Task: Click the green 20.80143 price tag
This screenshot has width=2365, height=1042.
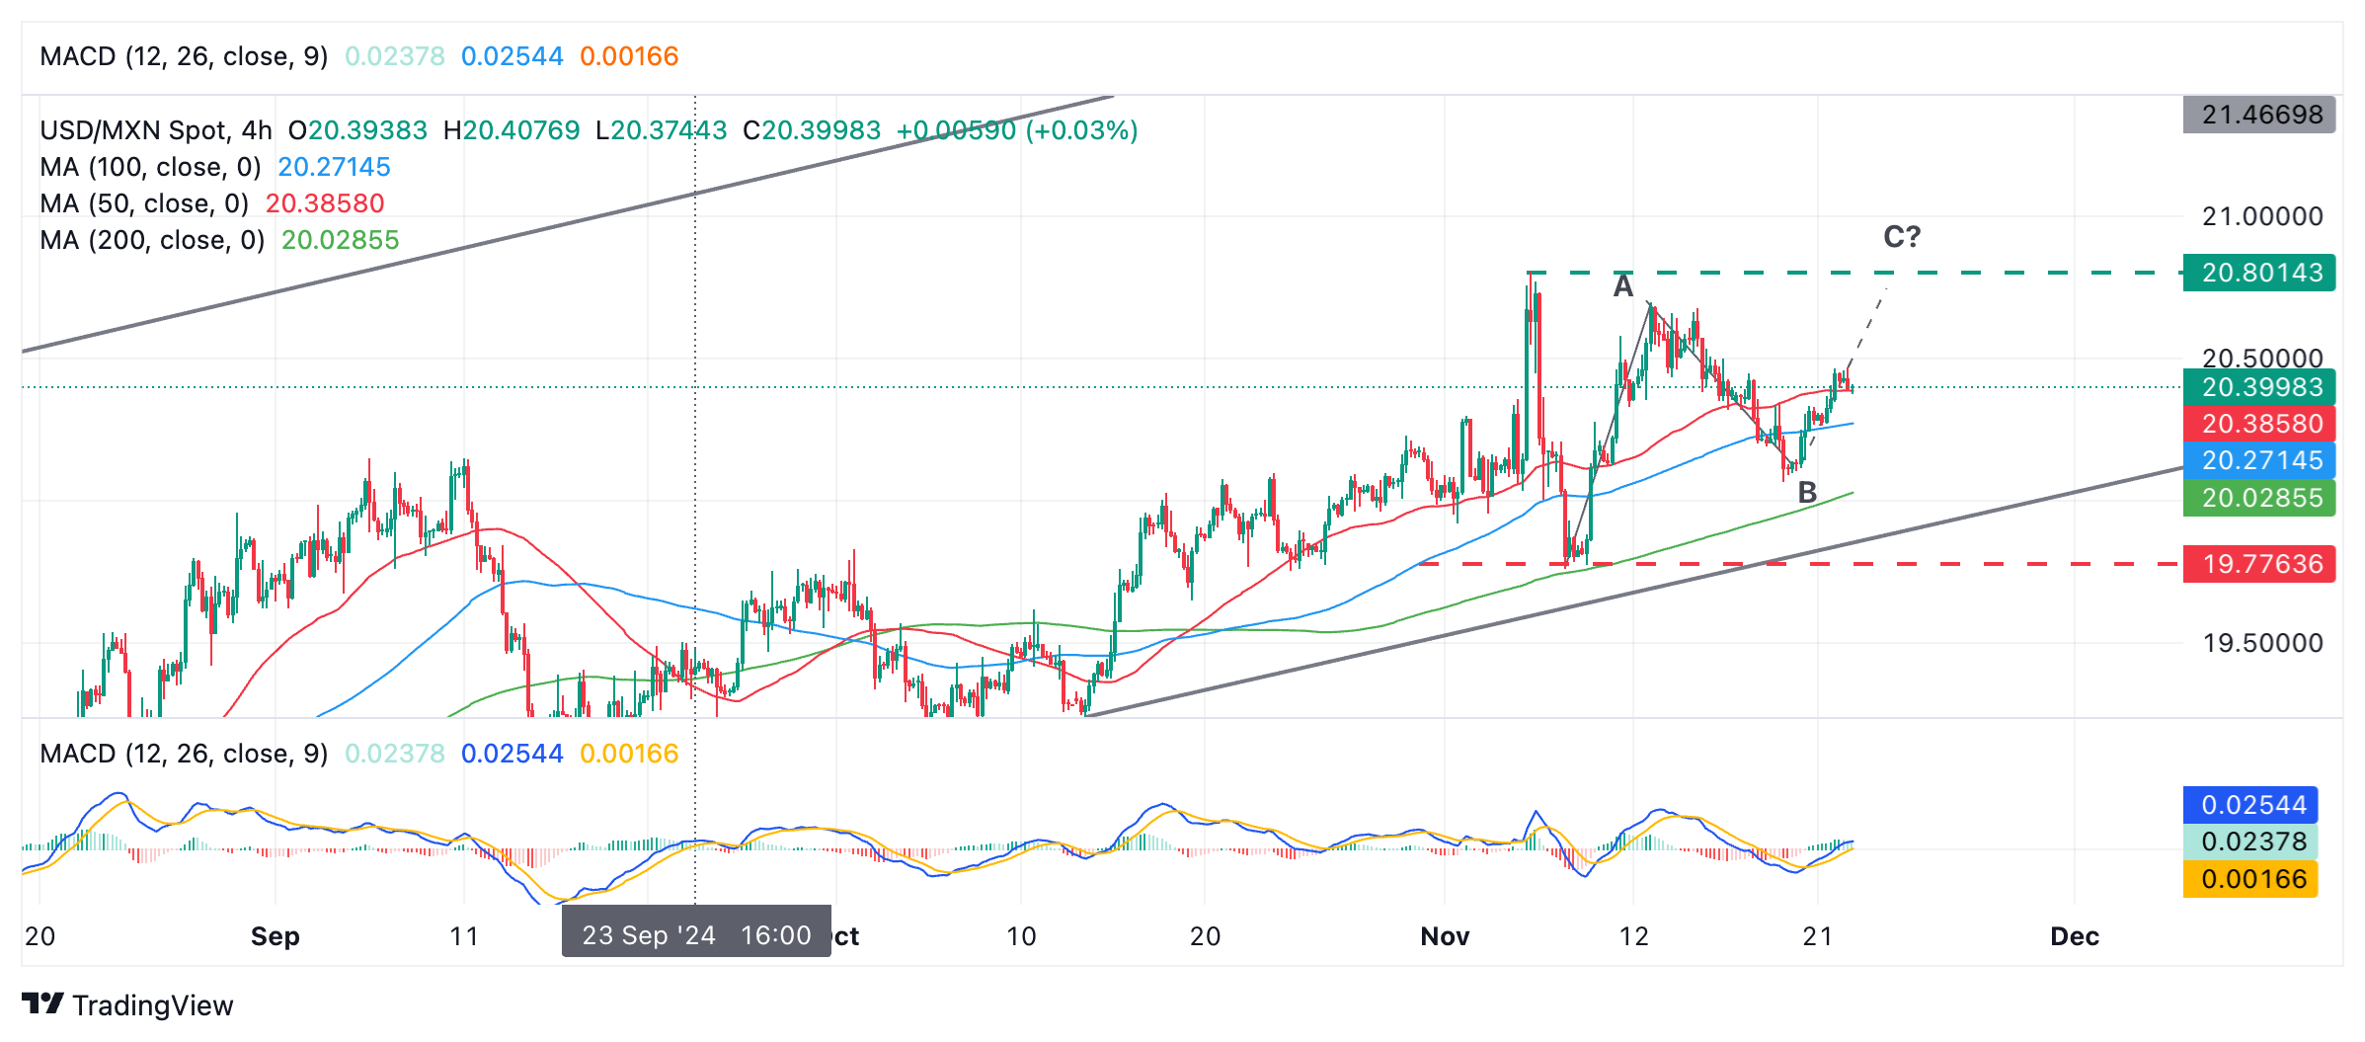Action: [2259, 273]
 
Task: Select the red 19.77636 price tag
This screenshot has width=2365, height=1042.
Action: [2259, 564]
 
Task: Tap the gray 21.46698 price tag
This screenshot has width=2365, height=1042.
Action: [2259, 115]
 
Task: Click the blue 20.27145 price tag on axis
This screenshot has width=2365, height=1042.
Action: [2259, 460]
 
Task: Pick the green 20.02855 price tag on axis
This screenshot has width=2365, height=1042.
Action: [2259, 498]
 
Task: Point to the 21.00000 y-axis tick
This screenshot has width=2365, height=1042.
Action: [2261, 216]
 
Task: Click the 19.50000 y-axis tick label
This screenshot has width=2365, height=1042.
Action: [2261, 643]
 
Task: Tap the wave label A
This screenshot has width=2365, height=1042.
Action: [1622, 286]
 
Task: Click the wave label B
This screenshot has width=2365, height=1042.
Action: [1807, 492]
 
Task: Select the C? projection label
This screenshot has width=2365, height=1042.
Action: [1902, 237]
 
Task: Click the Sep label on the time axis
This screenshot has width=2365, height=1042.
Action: [275, 936]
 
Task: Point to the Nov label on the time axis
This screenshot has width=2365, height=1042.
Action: [1445, 936]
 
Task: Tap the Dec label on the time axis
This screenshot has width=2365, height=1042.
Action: [2075, 936]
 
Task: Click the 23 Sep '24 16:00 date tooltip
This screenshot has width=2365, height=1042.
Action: [696, 934]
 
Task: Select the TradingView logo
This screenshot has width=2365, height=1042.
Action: [127, 1005]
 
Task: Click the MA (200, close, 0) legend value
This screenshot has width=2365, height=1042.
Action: [340, 240]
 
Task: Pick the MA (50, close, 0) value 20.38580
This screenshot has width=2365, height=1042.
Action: [325, 203]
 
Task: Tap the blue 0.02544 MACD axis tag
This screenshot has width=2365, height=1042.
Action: [2250, 805]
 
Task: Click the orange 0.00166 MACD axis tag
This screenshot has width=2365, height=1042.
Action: [2250, 879]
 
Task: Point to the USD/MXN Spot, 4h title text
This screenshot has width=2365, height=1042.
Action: [156, 130]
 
